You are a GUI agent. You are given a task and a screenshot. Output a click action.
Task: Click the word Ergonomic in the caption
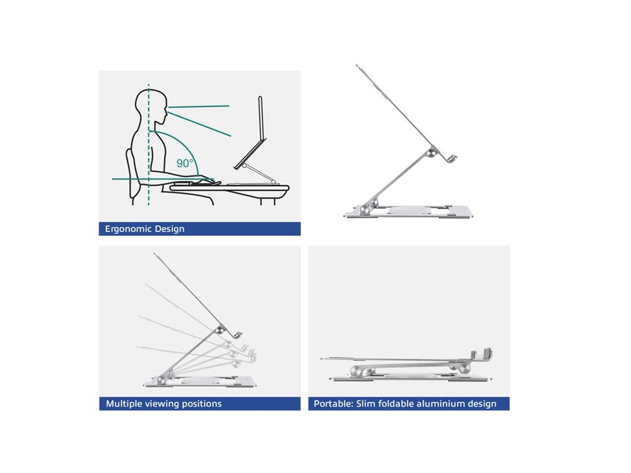point(127,230)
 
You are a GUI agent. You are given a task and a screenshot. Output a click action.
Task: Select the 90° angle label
point(185,163)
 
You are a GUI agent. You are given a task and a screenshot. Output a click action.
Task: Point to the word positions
point(202,404)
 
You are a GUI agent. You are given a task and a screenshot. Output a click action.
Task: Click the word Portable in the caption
point(333,404)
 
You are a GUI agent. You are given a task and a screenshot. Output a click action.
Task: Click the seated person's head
point(151,107)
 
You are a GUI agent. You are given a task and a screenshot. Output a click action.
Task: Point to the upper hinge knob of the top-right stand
point(432,153)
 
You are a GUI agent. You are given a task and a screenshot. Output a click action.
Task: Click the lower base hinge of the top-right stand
point(366,208)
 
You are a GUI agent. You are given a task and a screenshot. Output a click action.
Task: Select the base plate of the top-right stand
point(408,211)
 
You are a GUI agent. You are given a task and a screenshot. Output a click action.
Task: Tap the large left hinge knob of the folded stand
point(357,371)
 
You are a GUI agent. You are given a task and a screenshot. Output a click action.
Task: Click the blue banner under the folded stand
point(409,404)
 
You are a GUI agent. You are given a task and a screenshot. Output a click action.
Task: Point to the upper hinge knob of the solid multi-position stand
point(220,330)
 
